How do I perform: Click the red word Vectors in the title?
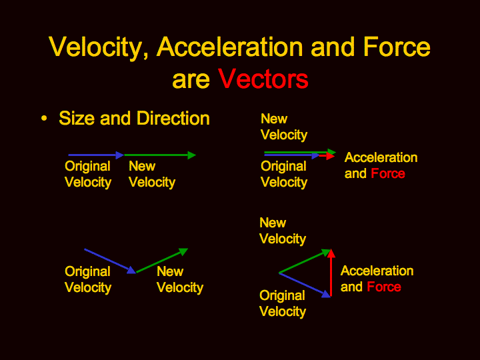pyautogui.click(x=263, y=79)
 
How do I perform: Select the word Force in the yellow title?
pyautogui.click(x=397, y=47)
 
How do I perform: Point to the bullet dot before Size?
pyautogui.click(x=44, y=118)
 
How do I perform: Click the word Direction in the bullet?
pyautogui.click(x=173, y=118)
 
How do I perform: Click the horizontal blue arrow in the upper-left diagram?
pyautogui.click(x=96, y=155)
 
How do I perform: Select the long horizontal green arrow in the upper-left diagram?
pyautogui.click(x=160, y=155)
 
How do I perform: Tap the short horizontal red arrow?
pyautogui.click(x=327, y=156)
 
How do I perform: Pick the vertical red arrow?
pyautogui.click(x=331, y=273)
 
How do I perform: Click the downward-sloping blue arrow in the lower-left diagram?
pyautogui.click(x=110, y=261)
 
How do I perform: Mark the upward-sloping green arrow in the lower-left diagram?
pyautogui.click(x=162, y=260)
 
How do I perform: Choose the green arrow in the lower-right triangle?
pyautogui.click(x=305, y=261)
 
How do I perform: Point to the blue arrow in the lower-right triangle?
pyautogui.click(x=305, y=285)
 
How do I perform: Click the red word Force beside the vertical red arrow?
pyautogui.click(x=384, y=287)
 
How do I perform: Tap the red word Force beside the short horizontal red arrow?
pyautogui.click(x=388, y=173)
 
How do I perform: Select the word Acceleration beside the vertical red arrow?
pyautogui.click(x=377, y=271)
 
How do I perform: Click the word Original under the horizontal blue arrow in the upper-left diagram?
pyautogui.click(x=87, y=167)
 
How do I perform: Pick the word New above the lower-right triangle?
pyautogui.click(x=273, y=223)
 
